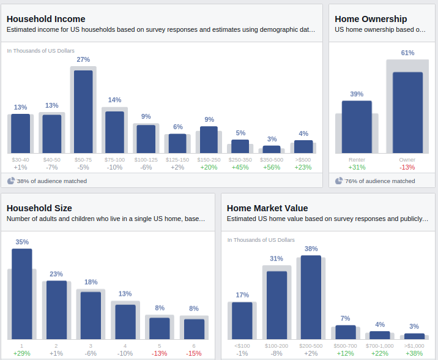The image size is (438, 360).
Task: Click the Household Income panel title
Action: click(46, 19)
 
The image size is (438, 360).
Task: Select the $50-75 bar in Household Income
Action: click(83, 111)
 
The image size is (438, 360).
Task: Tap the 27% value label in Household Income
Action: click(83, 59)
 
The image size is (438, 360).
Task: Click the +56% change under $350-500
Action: click(272, 168)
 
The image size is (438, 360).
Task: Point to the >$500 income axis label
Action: click(303, 160)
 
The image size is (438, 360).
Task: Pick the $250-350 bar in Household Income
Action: click(240, 146)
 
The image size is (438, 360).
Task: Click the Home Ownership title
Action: click(371, 19)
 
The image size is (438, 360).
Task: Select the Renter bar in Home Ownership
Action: click(357, 127)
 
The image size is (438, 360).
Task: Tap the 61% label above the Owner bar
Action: click(407, 53)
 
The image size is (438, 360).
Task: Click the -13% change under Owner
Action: click(407, 168)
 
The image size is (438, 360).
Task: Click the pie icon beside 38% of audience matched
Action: click(11, 181)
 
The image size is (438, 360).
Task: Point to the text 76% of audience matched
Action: click(380, 181)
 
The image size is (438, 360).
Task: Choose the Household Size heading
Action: click(39, 208)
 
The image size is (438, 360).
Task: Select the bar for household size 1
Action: click(22, 294)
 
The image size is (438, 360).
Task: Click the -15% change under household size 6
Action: click(194, 353)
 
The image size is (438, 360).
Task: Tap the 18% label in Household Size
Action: click(91, 282)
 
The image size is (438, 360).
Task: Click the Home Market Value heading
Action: click(267, 208)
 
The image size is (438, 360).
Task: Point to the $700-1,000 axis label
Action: click(380, 346)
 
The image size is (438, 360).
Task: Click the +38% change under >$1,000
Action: click(414, 353)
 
